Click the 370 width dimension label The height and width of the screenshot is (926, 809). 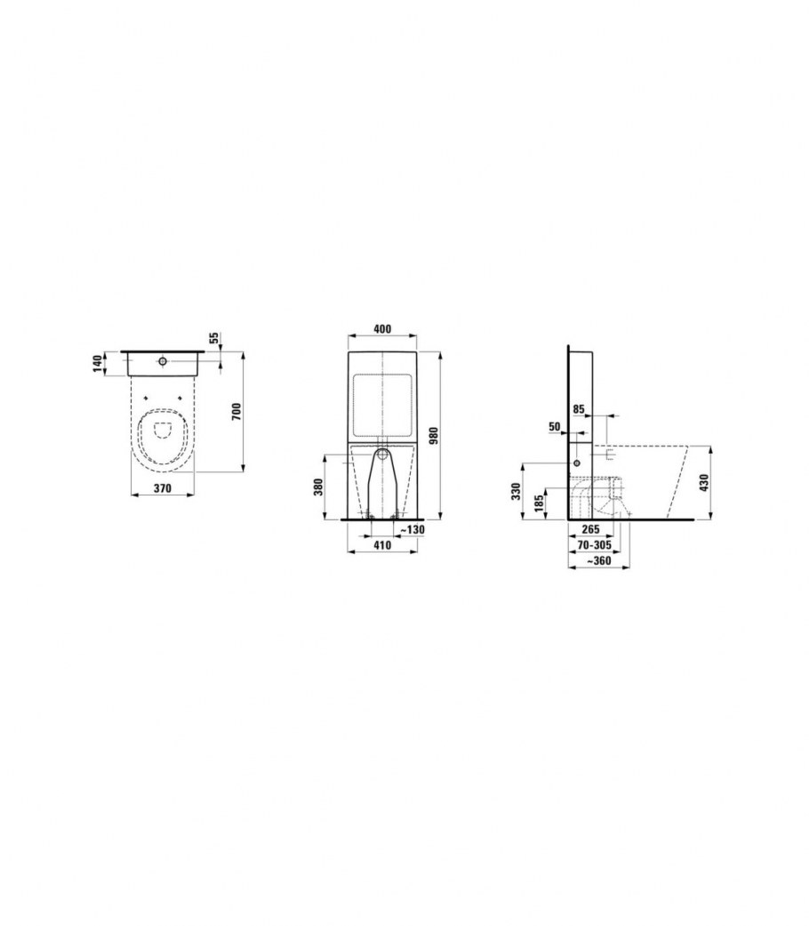point(163,487)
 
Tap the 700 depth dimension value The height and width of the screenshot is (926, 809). point(236,411)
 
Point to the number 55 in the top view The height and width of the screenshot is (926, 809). point(215,338)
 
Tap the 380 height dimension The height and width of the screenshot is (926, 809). point(319,487)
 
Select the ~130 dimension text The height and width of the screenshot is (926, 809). point(412,530)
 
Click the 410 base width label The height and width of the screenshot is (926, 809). point(382,545)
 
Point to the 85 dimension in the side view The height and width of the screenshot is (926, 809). point(579,408)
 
